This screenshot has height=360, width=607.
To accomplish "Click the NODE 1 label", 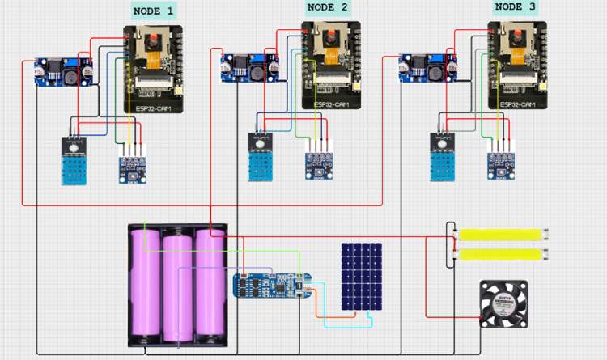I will point(154,11).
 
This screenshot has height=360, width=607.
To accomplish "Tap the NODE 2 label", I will point(329,7).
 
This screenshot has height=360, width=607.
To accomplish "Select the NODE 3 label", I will point(515,6).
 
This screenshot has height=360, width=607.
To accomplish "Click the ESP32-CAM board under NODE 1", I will point(153,69).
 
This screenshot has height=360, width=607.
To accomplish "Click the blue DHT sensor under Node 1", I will point(77,161).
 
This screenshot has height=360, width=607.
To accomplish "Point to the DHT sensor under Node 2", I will point(261,157).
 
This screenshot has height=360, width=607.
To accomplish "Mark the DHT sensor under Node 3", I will point(444,157).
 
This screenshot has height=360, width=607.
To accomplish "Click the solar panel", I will point(361,277).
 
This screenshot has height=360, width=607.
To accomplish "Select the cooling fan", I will point(503,303).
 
